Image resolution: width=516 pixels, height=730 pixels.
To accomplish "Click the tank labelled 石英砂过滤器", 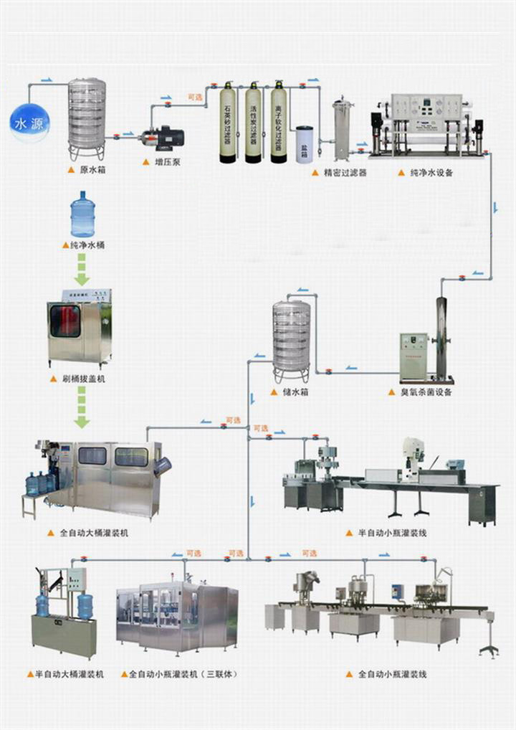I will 228,123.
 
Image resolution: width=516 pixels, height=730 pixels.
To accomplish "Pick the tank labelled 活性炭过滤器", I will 253,123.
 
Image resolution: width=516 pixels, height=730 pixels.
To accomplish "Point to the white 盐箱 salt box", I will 305,144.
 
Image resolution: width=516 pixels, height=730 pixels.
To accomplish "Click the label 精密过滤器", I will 344,173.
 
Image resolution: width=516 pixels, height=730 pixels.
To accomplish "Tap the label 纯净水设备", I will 431,173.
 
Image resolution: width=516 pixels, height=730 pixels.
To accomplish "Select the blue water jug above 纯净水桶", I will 82,214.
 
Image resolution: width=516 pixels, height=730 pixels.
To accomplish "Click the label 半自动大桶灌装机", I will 69,675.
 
